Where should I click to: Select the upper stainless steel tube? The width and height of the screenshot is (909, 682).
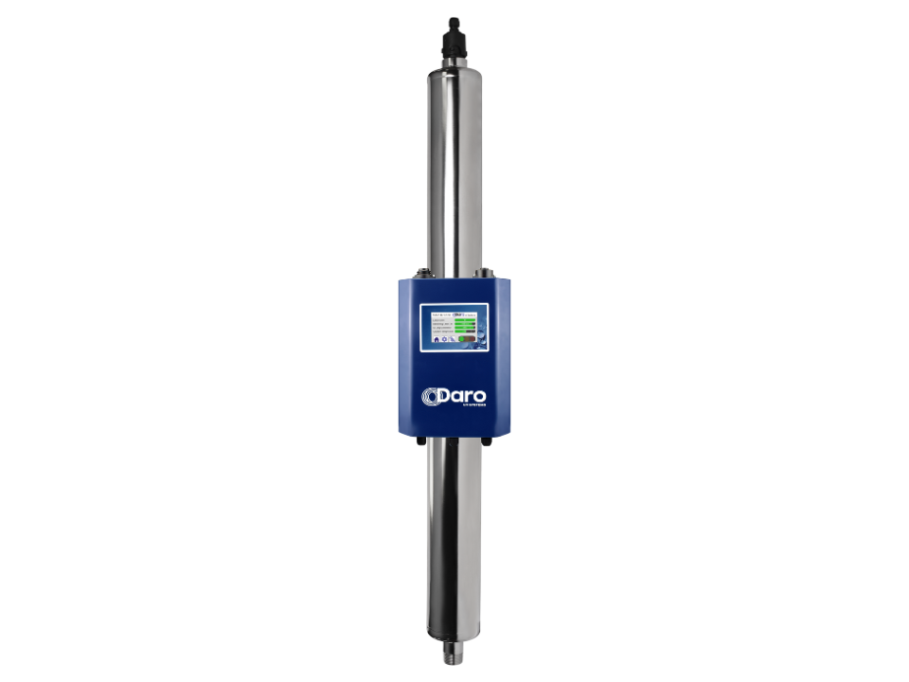pyautogui.click(x=454, y=170)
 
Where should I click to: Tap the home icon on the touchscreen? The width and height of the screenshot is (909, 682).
pyautogui.click(x=437, y=339)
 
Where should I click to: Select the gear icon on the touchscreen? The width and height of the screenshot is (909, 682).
pyautogui.click(x=445, y=339)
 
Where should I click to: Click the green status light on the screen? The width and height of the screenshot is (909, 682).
pyautogui.click(x=461, y=339)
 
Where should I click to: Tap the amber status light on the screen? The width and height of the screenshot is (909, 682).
pyautogui.click(x=467, y=339)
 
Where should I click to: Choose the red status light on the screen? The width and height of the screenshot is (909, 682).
pyautogui.click(x=472, y=339)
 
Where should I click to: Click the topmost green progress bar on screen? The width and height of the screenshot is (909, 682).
pyautogui.click(x=465, y=320)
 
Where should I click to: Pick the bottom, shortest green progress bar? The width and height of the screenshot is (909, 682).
pyautogui.click(x=460, y=332)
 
